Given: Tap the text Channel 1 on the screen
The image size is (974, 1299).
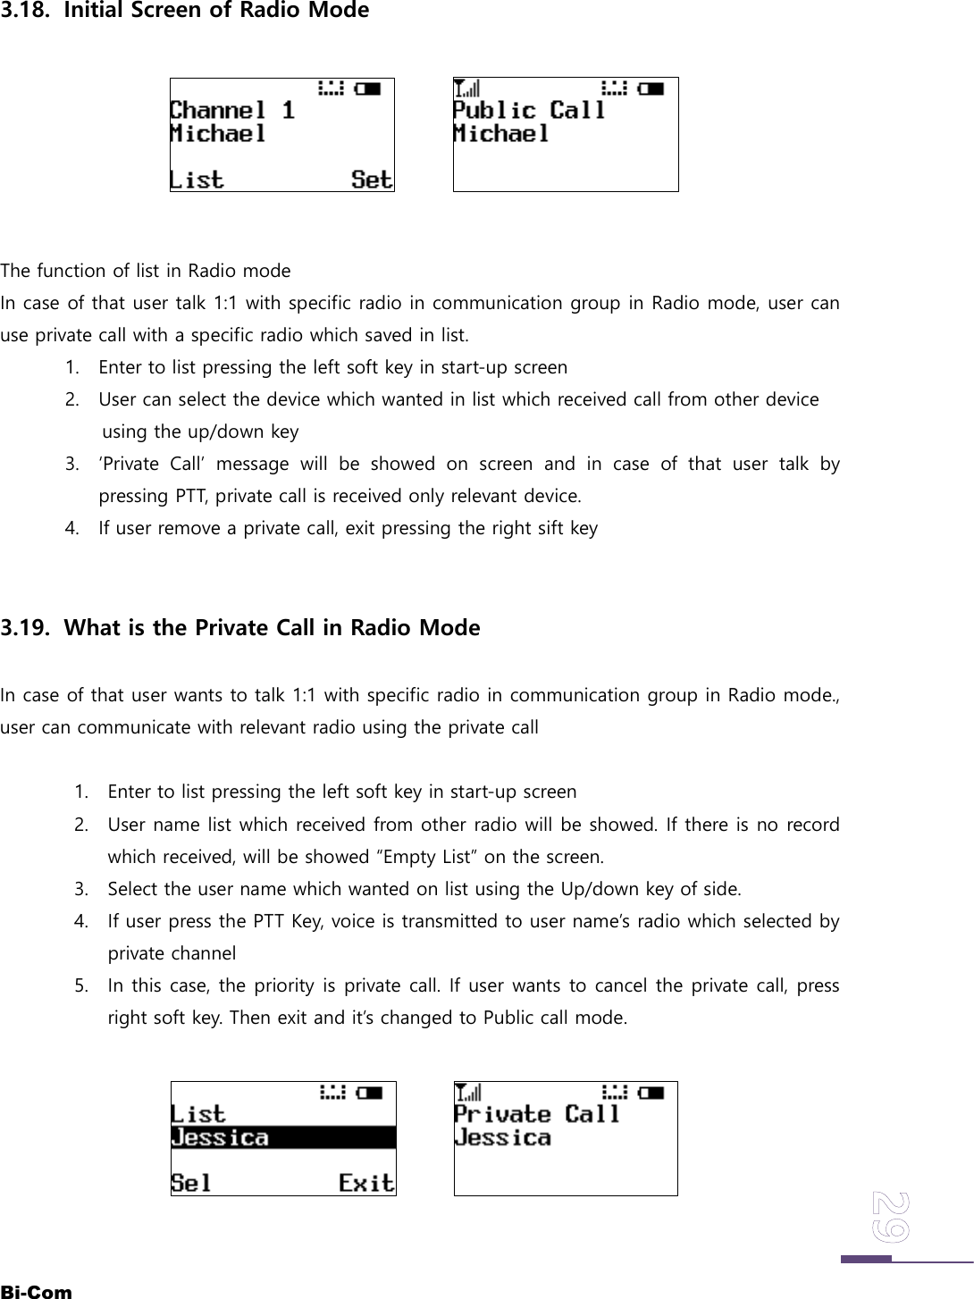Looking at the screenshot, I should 232,111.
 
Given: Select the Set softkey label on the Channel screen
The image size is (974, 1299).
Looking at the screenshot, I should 372,180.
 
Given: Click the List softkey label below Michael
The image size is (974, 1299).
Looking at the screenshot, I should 197,180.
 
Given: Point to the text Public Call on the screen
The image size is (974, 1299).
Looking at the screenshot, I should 529,111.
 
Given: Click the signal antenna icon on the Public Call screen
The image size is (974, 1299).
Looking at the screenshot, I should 467,88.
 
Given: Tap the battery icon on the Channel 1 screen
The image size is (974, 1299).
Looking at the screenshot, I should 368,88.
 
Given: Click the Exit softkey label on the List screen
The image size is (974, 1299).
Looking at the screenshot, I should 366,1184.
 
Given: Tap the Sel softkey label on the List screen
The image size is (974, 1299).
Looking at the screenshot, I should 191,1184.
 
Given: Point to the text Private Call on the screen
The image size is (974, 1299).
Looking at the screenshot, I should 536,1114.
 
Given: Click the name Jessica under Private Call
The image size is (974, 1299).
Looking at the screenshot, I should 502,1137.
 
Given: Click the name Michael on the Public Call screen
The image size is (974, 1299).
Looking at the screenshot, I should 501,134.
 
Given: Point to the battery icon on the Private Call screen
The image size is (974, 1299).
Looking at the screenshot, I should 651,1092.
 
